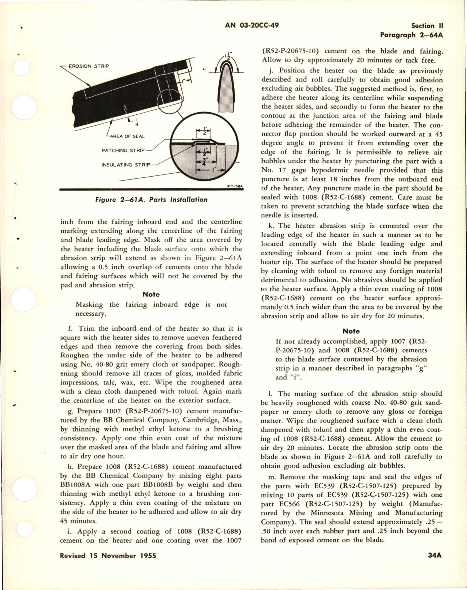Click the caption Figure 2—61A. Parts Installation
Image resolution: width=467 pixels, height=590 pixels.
(x=151, y=200)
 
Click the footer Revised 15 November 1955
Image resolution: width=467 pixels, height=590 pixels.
(x=108, y=556)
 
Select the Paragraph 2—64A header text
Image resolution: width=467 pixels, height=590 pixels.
(x=411, y=35)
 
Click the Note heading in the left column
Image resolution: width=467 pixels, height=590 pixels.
(x=151, y=294)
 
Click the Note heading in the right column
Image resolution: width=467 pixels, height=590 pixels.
(x=351, y=331)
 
